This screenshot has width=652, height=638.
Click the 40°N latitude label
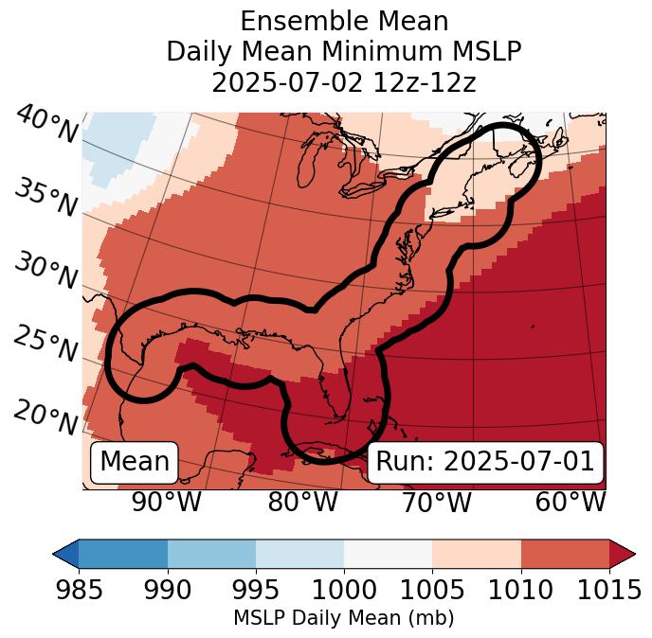(x=45, y=125)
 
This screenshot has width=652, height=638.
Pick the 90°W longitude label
(x=166, y=502)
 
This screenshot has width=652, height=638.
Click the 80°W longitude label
(x=302, y=502)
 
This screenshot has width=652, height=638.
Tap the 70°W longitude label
(x=435, y=502)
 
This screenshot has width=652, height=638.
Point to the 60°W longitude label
(x=570, y=502)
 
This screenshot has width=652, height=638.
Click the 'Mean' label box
(x=135, y=462)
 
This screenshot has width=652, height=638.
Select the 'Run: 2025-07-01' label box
(x=485, y=462)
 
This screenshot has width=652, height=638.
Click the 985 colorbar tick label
(x=79, y=591)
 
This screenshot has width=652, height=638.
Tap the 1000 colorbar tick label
(x=344, y=591)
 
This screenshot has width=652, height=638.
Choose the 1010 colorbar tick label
(x=521, y=591)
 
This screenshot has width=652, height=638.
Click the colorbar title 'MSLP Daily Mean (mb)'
(x=344, y=619)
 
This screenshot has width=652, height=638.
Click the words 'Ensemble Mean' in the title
(x=344, y=21)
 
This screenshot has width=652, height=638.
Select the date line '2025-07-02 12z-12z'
(x=344, y=82)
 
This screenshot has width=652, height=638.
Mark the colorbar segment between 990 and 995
(x=211, y=554)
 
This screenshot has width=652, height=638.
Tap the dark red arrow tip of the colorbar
(x=624, y=554)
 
